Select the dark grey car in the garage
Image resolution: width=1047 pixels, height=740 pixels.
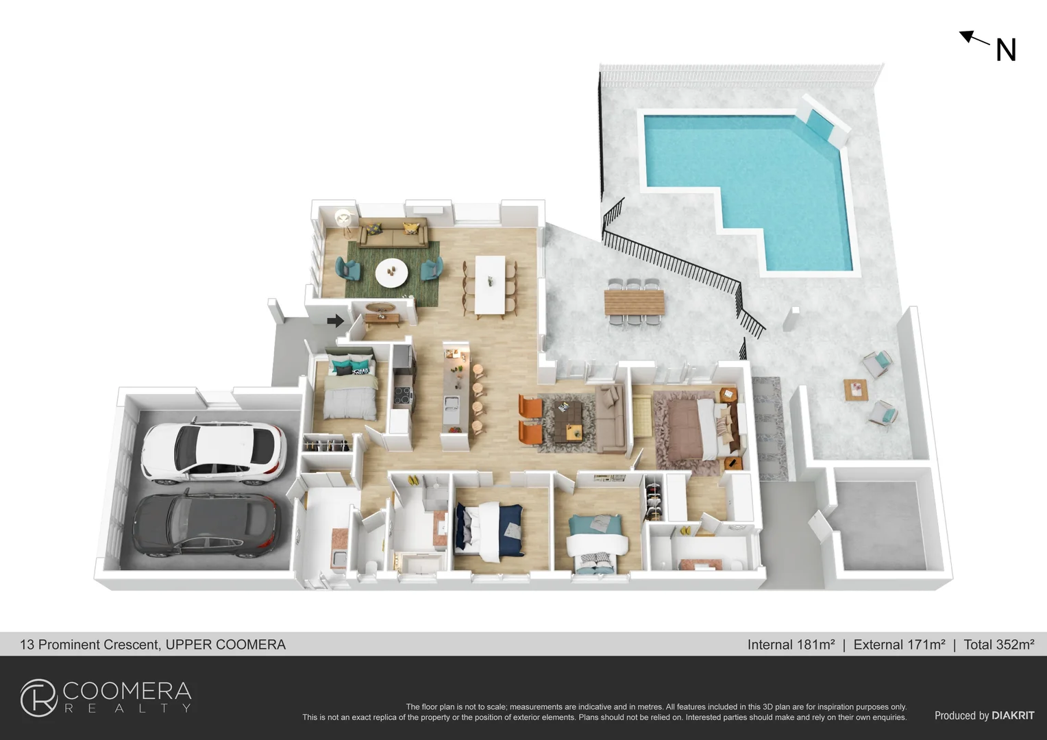[206, 524]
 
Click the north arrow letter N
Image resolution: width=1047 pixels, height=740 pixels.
[1005, 50]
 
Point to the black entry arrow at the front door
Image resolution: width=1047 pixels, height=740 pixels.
[335, 320]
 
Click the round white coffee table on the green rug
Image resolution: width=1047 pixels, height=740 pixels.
[391, 273]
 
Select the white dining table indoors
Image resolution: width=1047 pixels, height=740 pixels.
[490, 284]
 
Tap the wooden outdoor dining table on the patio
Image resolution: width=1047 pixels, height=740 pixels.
[634, 302]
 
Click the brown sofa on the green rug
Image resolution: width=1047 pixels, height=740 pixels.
[393, 234]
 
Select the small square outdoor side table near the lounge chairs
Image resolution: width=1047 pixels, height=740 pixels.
[856, 390]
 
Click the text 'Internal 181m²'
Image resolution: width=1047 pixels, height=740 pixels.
[791, 645]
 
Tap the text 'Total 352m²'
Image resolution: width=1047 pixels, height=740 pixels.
[998, 645]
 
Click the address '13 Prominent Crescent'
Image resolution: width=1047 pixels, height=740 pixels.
[90, 645]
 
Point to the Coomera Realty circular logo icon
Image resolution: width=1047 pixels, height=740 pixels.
[38, 698]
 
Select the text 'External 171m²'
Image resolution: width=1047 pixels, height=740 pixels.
[899, 645]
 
